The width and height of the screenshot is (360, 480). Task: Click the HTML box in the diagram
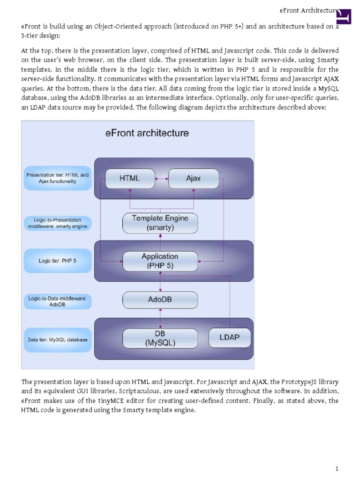130,179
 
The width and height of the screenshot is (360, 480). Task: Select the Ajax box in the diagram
193,179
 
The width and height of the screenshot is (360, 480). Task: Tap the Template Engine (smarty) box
160,223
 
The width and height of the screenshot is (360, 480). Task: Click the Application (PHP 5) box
160,261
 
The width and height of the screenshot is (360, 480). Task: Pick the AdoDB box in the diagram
160,299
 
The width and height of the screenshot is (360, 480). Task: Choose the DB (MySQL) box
160,338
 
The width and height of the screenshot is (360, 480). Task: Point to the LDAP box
230,337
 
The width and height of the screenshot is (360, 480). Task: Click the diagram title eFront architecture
147,133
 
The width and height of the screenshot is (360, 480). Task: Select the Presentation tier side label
57,178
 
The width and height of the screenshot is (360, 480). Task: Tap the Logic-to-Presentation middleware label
57,223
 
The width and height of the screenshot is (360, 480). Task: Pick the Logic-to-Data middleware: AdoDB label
57,300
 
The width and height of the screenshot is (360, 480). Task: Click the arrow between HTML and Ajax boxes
161,179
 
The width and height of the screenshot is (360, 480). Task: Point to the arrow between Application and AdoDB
160,281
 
